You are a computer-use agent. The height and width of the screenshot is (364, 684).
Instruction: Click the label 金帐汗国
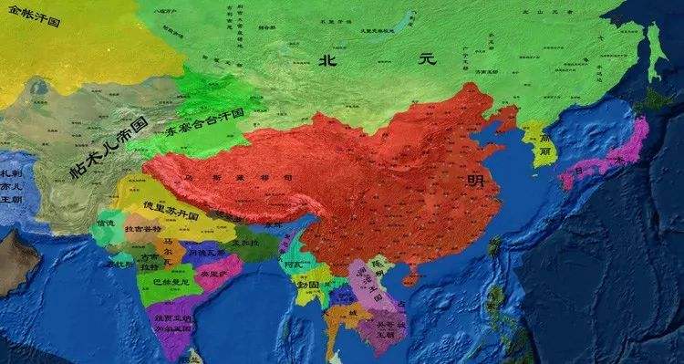[30, 18]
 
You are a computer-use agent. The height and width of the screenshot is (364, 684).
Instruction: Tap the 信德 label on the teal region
[106, 224]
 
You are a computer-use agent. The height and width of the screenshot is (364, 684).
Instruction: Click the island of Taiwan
[495, 245]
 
